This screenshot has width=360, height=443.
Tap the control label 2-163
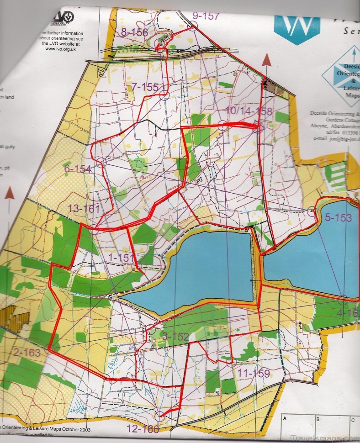27,352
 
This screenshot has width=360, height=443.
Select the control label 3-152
175,337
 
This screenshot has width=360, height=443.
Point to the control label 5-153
338,218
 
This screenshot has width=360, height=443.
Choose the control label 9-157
205,16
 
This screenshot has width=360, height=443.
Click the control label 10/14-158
249,111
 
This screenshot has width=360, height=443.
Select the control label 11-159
253,373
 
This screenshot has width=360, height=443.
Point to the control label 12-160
143,429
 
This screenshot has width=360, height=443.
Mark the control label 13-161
84,208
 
